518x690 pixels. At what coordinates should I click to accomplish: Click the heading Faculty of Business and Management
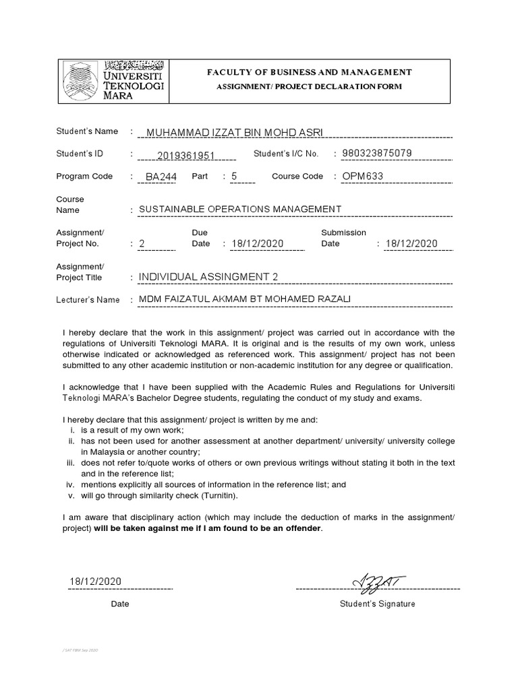click(x=310, y=72)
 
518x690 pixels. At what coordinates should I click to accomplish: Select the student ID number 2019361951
click(x=185, y=156)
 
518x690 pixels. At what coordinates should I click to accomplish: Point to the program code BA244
click(x=159, y=178)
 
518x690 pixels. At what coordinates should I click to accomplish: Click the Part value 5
click(x=234, y=177)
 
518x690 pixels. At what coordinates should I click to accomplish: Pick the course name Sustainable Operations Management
click(x=240, y=210)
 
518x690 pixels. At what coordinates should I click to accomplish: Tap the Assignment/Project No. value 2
click(x=142, y=244)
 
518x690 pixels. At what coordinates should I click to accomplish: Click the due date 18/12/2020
click(x=258, y=244)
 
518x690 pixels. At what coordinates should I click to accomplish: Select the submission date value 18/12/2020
click(x=411, y=244)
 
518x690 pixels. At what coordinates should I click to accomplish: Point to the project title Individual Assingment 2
click(x=208, y=277)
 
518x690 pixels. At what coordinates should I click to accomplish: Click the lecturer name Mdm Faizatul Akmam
click(x=245, y=299)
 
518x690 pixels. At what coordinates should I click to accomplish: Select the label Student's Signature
click(x=378, y=604)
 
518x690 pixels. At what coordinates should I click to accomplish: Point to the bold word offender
click(x=304, y=528)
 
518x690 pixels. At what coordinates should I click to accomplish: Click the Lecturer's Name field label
click(x=88, y=300)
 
